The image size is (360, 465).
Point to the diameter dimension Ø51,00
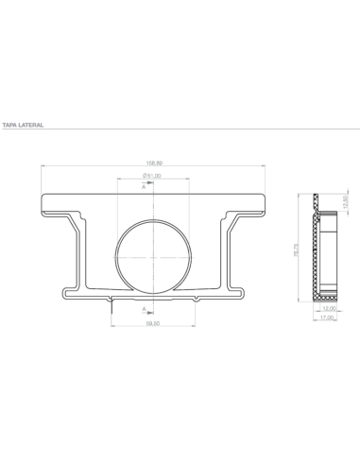(152, 176)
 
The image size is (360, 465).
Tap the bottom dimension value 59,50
(152, 324)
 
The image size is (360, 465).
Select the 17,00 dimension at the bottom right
(330, 319)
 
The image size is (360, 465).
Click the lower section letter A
(144, 309)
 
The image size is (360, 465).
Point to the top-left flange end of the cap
(44, 202)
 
